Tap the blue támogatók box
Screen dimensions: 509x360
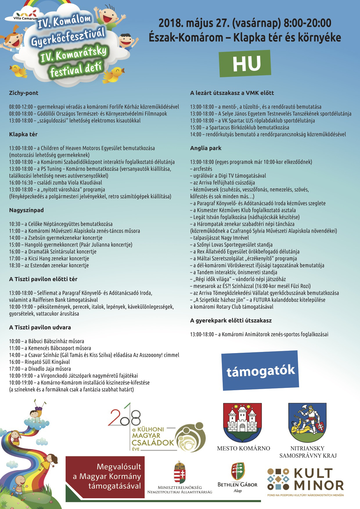260,370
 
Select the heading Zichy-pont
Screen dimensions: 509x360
24,93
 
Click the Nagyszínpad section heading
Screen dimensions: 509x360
26,210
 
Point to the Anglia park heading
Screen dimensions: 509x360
206,148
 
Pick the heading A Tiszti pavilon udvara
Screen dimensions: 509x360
40,327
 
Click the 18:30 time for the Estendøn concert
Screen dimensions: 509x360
15,265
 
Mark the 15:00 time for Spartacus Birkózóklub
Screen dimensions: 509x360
196,127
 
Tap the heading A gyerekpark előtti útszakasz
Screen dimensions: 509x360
231,321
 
